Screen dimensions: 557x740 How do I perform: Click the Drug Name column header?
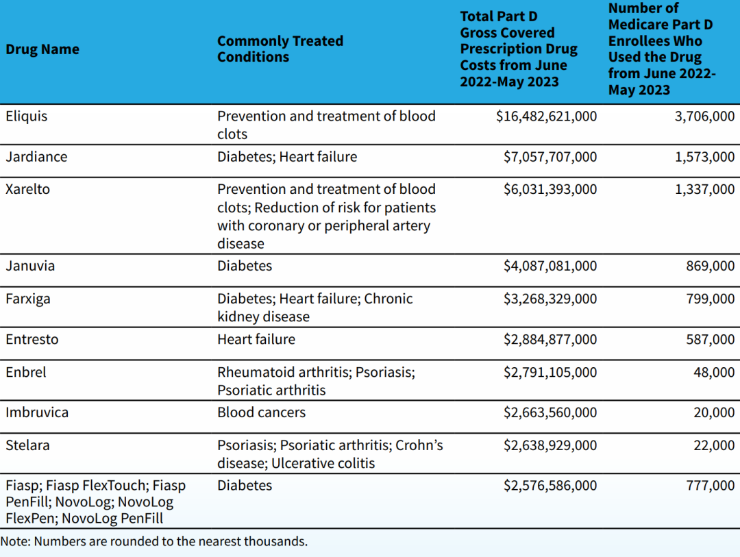point(42,49)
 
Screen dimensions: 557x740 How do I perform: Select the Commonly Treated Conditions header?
point(280,49)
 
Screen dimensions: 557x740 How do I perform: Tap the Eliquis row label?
point(27,116)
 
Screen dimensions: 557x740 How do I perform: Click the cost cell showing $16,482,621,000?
point(546,116)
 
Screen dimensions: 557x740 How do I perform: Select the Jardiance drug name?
point(36,157)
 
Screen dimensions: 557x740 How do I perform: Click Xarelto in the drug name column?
point(28,189)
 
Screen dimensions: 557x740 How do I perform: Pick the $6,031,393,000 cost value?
point(550,189)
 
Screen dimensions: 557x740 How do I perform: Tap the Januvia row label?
point(30,266)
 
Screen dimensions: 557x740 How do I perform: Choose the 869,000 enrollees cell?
point(710,266)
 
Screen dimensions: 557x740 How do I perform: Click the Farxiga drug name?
point(28,299)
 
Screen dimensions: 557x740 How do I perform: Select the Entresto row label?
point(32,339)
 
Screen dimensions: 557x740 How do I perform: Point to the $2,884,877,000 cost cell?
point(550,339)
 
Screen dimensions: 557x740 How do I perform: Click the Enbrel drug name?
point(26,372)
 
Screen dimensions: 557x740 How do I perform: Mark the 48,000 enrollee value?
point(714,372)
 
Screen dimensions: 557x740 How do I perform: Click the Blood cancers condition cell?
point(261,412)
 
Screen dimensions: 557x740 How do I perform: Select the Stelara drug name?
point(27,445)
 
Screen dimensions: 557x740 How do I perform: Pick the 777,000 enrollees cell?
point(710,486)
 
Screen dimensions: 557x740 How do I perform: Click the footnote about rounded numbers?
point(154,541)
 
